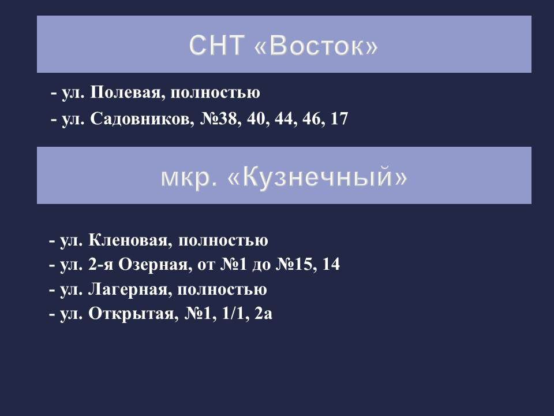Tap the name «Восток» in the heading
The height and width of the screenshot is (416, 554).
click(316, 46)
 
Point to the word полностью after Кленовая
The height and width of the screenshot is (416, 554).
click(224, 240)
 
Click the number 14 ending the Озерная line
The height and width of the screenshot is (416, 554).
click(332, 265)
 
